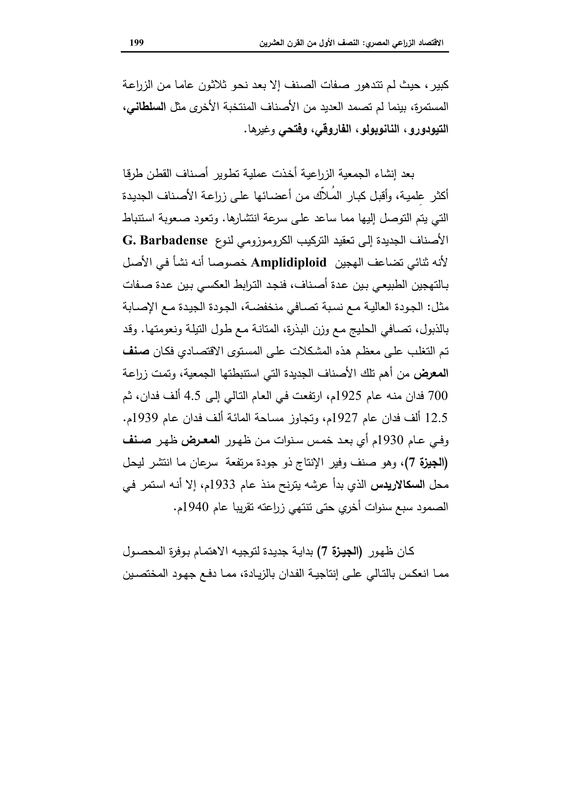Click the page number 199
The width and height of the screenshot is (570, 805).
137,43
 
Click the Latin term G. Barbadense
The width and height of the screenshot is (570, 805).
164,240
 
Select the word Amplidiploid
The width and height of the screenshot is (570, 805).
289,263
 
